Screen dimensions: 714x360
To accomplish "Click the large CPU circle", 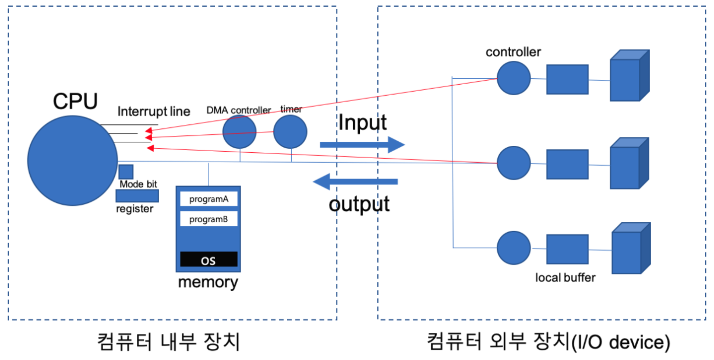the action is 73,161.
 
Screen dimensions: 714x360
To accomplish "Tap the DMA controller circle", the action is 239,132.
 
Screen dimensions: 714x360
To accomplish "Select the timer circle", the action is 290,132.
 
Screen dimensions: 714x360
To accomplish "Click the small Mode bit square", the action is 126,172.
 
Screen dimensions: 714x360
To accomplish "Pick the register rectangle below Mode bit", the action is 137,196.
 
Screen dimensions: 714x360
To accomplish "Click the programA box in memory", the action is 209,199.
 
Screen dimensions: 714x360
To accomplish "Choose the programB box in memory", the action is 209,219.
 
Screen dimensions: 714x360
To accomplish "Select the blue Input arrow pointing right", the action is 362,144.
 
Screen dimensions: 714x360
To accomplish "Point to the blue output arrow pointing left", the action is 355,182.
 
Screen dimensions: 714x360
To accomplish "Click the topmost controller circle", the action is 514,78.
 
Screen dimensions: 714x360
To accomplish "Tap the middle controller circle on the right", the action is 514,163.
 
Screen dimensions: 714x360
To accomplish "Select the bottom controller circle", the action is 514,248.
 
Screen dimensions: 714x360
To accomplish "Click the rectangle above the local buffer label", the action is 567,249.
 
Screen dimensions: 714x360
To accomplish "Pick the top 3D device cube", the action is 630,75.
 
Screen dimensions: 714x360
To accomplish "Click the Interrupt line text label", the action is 154,112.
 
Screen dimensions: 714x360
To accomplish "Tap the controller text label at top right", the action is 513,52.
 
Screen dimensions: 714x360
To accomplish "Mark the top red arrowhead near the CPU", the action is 149,131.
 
